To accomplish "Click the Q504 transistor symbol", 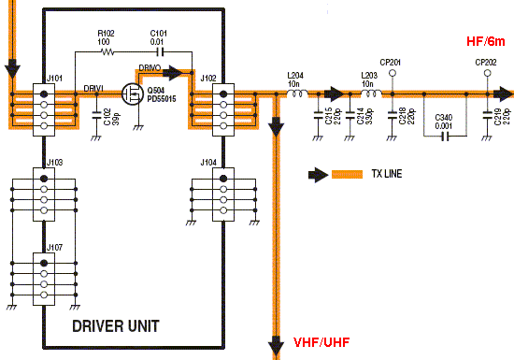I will [x=132, y=94].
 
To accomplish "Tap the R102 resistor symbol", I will [x=105, y=52].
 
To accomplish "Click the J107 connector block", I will [x=43, y=275].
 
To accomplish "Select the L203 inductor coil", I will [x=370, y=94].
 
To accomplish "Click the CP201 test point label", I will [x=392, y=62].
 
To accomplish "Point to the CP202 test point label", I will [x=485, y=62].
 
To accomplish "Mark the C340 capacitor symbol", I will [x=445, y=134].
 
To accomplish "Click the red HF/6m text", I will [x=486, y=42].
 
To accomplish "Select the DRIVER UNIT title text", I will [x=115, y=326].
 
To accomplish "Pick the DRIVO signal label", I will [x=150, y=68].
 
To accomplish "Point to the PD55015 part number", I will [x=164, y=99].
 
